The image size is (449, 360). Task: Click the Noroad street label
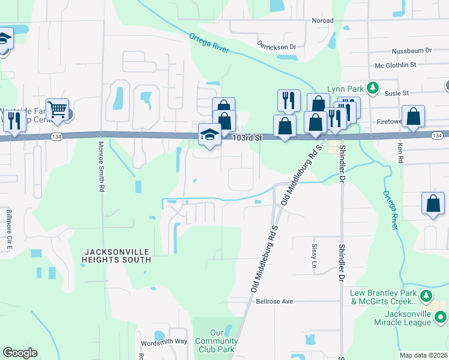(x=322, y=20)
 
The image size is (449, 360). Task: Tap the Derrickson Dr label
(x=277, y=46)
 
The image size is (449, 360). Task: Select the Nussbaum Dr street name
(x=412, y=52)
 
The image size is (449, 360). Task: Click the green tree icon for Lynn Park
(x=373, y=88)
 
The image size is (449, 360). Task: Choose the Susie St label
(x=397, y=93)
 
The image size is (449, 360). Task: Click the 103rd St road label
(x=248, y=138)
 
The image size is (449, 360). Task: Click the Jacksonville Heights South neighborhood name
(x=116, y=256)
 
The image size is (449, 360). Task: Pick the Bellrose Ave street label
(x=275, y=301)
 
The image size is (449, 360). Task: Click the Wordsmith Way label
(x=164, y=341)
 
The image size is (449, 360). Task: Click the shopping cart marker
(x=57, y=110)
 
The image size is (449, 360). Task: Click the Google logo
(x=20, y=353)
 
